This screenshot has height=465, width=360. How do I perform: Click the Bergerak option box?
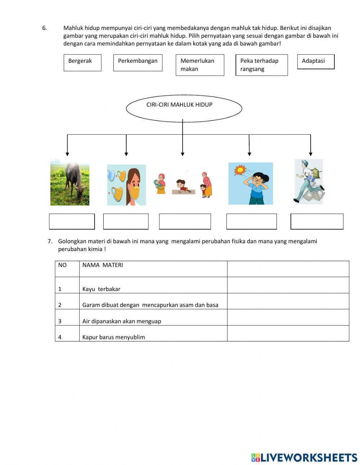pyautogui.click(x=82, y=63)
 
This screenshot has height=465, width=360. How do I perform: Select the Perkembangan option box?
pyautogui.click(x=138, y=63)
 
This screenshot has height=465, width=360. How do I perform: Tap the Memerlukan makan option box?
pyautogui.click(x=200, y=65)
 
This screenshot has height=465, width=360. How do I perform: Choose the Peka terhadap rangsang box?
pyautogui.click(x=261, y=65)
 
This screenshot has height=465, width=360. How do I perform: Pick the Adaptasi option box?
pyautogui.click(x=316, y=62)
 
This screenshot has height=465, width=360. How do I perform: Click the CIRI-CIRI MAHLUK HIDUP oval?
pyautogui.click(x=184, y=108)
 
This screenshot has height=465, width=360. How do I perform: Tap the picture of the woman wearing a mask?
pyautogui.click(x=126, y=185)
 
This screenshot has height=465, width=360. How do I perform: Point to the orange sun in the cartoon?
pyautogui.click(x=239, y=170)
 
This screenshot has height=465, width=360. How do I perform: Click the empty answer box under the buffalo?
pyautogui.click(x=72, y=222)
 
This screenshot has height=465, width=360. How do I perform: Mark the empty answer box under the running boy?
pyautogui.click(x=317, y=222)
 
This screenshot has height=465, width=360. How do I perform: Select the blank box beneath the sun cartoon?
pyautogui.click(x=251, y=222)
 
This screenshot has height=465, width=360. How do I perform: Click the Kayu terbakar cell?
pyautogui.click(x=153, y=285)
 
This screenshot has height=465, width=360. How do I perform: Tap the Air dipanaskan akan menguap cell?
pyautogui.click(x=153, y=317)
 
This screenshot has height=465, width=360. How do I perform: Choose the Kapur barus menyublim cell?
pyautogui.click(x=153, y=334)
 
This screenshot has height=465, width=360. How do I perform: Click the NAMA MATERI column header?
pyautogui.click(x=153, y=269)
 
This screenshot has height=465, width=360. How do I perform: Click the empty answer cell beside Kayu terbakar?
pyautogui.click(x=288, y=285)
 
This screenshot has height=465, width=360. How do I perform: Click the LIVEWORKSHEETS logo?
pyautogui.click(x=304, y=457)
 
